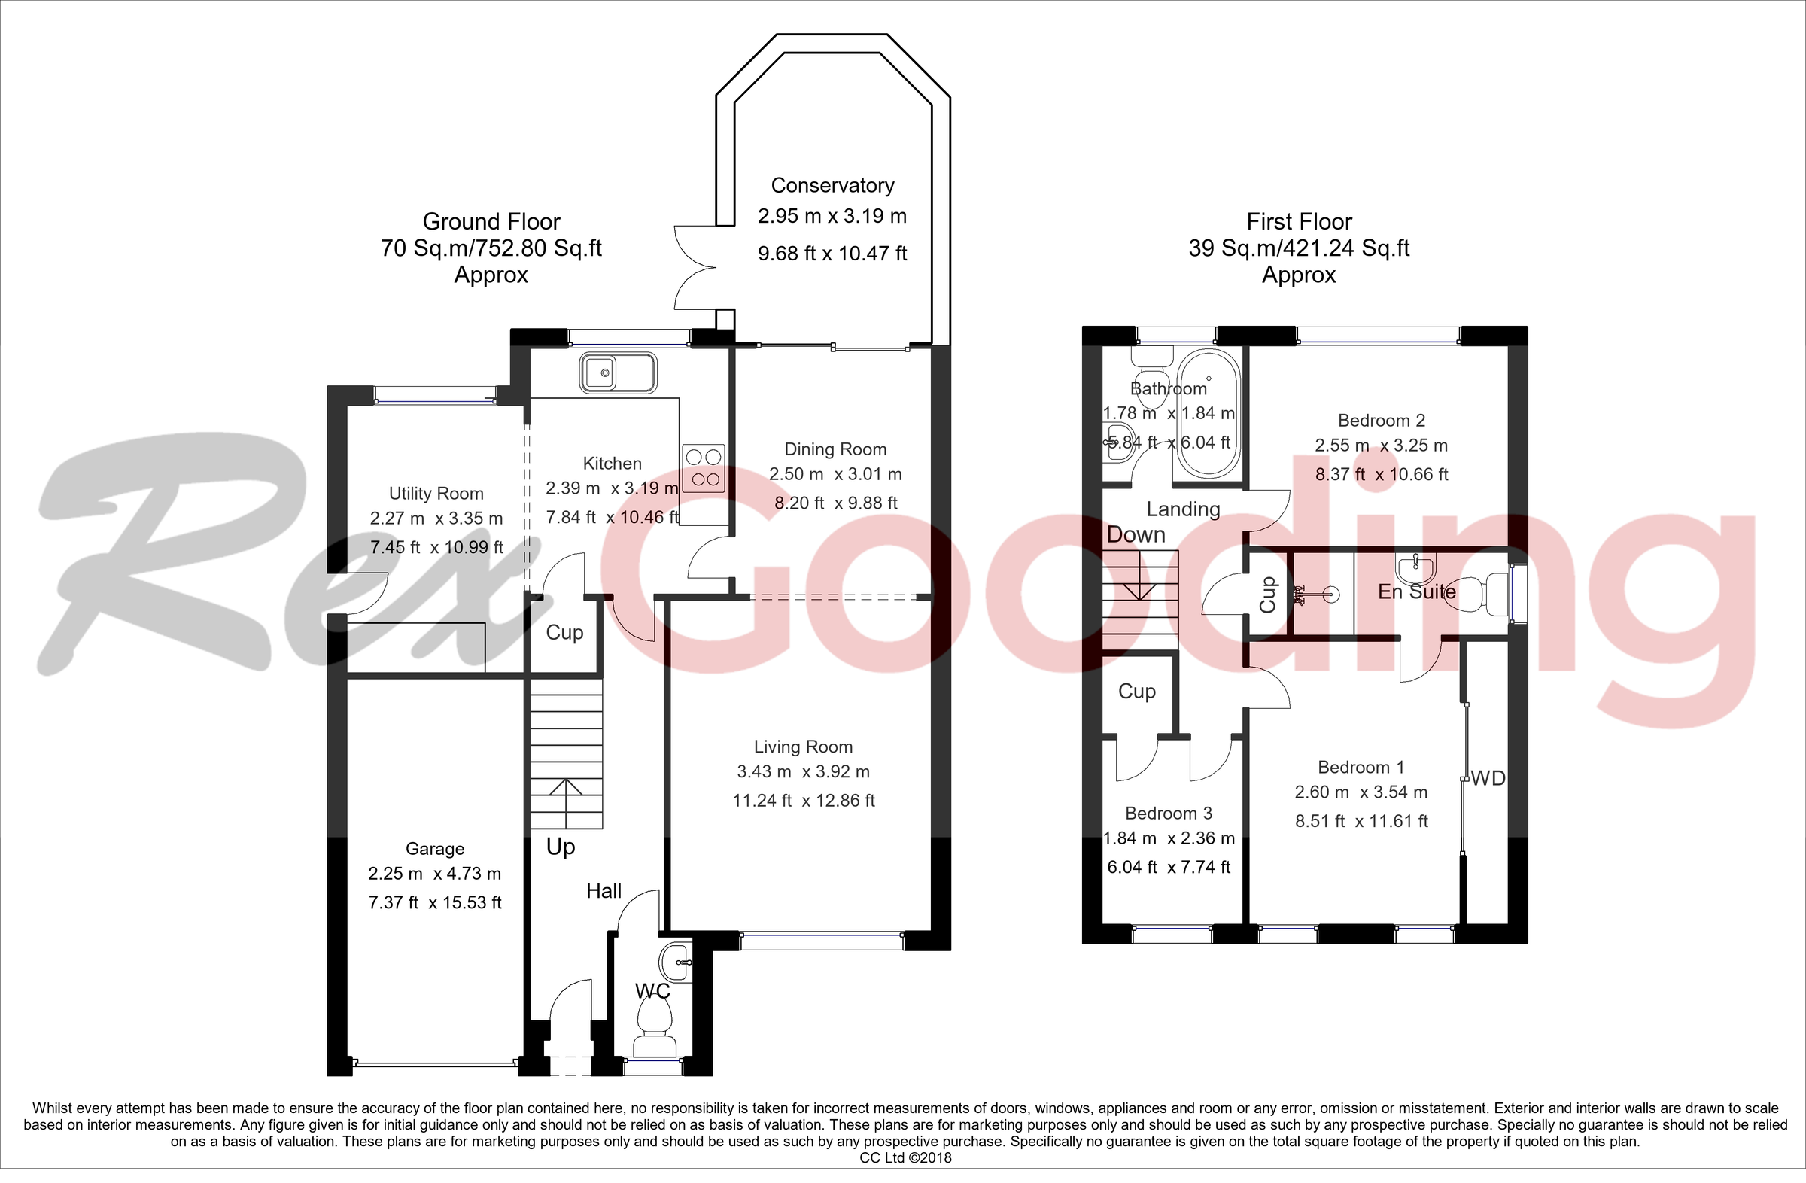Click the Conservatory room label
(832, 185)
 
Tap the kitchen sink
(618, 373)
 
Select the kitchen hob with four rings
(704, 468)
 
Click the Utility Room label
(436, 494)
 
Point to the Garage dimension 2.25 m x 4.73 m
(435, 874)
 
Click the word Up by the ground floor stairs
(561, 847)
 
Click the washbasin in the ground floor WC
(675, 963)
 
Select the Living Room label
(803, 747)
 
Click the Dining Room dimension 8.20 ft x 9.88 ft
(835, 503)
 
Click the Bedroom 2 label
(1381, 421)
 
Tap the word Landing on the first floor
(1183, 509)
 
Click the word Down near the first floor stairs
(1136, 535)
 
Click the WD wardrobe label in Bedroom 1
(1487, 779)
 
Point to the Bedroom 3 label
(1169, 814)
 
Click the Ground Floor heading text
(491, 221)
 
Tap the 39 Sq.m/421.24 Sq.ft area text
(1298, 248)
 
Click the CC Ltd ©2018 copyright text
(905, 1158)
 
